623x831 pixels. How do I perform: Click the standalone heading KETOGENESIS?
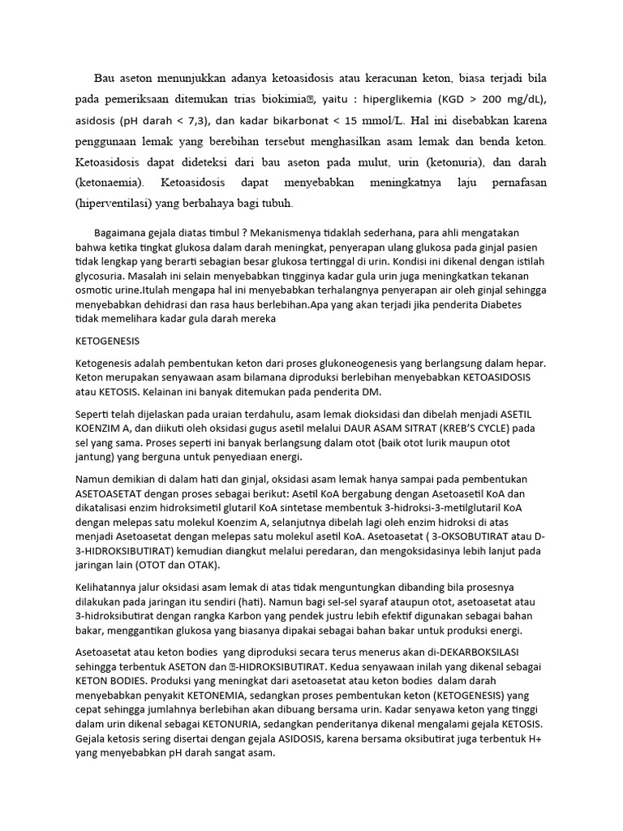click(x=108, y=341)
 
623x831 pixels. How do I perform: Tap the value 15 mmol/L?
click(x=360, y=121)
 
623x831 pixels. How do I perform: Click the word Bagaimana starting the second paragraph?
click(x=122, y=232)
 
